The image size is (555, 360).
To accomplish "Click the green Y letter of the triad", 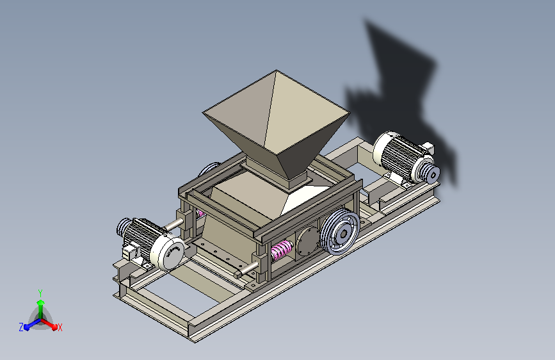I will (40, 291).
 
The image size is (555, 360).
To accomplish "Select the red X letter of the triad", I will (60, 327).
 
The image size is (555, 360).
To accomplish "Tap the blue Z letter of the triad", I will (21, 327).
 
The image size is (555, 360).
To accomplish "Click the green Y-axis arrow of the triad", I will (40, 305).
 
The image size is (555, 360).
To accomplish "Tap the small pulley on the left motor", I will (123, 226).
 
